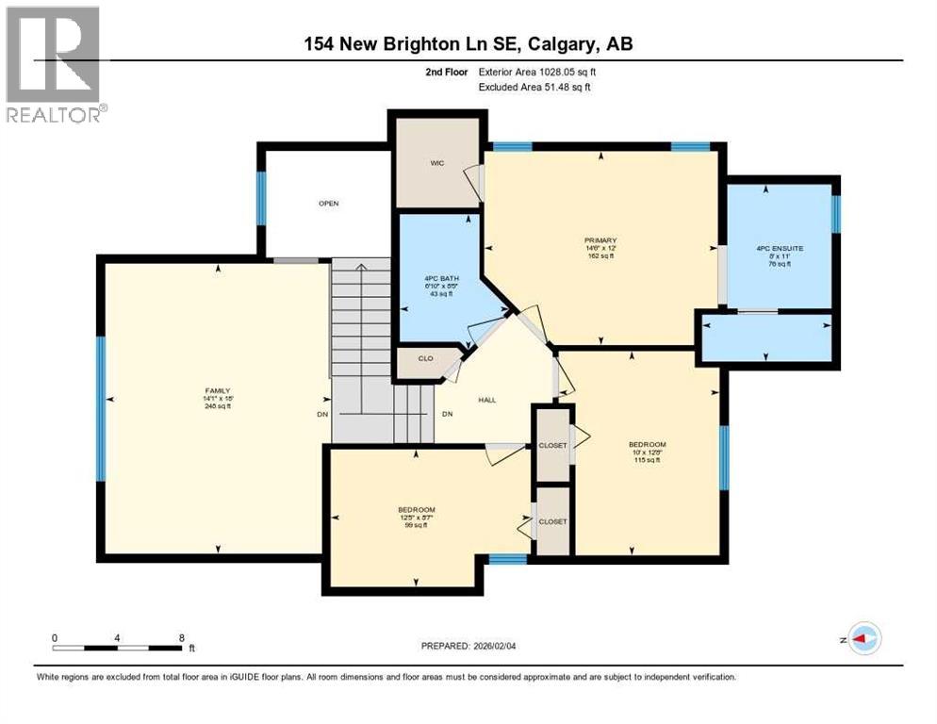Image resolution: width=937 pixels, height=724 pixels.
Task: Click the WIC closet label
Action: click(x=437, y=163)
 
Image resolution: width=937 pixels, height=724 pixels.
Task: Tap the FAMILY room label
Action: click(x=219, y=390)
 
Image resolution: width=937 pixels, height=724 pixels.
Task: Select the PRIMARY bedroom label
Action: click(x=600, y=240)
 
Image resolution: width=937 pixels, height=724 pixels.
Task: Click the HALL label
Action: click(x=486, y=400)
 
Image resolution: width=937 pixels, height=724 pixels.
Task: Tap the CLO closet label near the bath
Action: click(x=425, y=358)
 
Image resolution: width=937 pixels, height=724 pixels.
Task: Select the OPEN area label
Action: click(x=328, y=203)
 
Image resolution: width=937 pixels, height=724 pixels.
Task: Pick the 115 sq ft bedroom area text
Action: click(x=647, y=460)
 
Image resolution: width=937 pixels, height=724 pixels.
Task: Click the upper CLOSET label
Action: click(x=552, y=445)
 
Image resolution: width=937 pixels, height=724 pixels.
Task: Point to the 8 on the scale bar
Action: click(x=181, y=638)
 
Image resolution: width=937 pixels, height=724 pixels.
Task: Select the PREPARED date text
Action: click(x=473, y=646)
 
